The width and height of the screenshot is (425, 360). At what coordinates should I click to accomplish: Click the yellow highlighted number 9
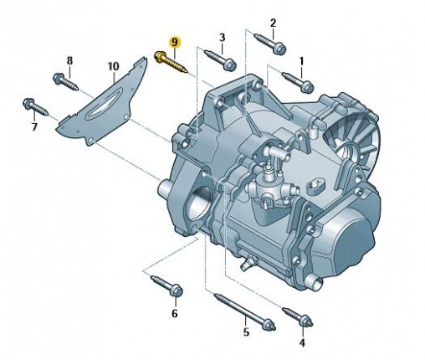tap(175, 43)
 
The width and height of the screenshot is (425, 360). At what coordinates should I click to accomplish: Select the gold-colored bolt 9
tap(172, 63)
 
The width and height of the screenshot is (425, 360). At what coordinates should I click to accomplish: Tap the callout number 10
tap(114, 66)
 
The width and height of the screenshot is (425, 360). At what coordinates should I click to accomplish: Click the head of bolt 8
tap(59, 78)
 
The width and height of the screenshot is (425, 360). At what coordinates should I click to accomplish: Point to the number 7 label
tap(34, 127)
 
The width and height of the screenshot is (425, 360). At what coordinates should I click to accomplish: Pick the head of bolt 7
tap(28, 104)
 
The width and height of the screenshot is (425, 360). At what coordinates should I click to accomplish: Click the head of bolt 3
tap(230, 65)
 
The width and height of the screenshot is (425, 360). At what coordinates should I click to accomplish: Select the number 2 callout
tap(273, 23)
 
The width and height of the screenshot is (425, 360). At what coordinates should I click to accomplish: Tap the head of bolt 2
tap(279, 49)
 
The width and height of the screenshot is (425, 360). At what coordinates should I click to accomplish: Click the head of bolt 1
tap(307, 85)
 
